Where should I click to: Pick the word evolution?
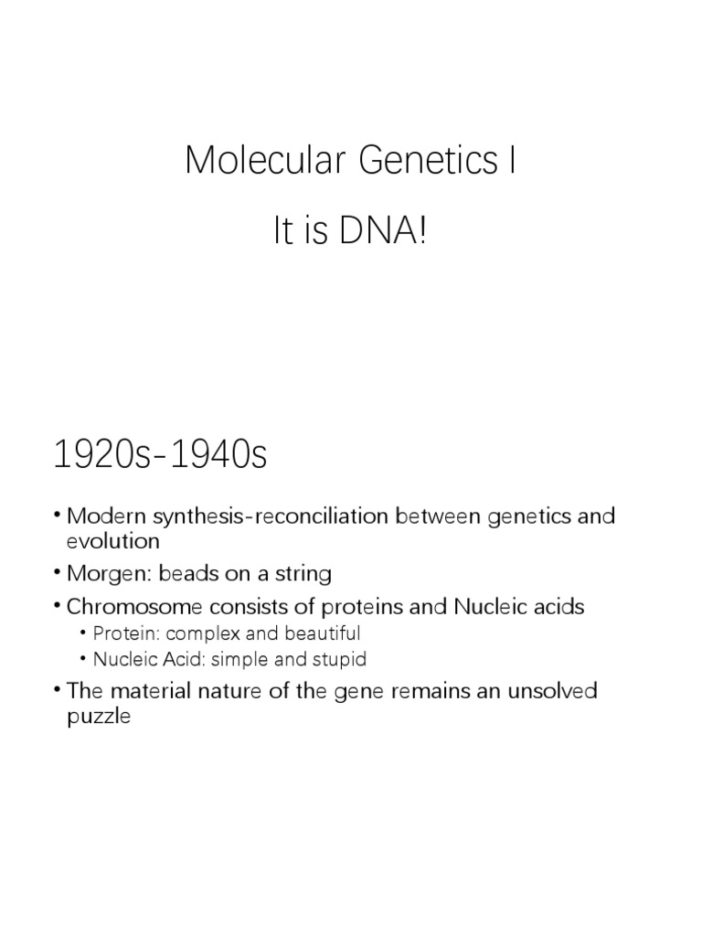[113, 541]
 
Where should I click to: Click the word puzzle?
[100, 717]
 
